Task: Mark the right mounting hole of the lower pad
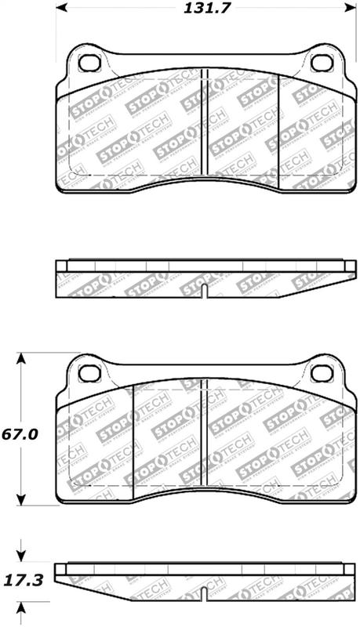pyautogui.click(x=322, y=371)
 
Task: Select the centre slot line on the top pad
pyautogui.click(x=203, y=125)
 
